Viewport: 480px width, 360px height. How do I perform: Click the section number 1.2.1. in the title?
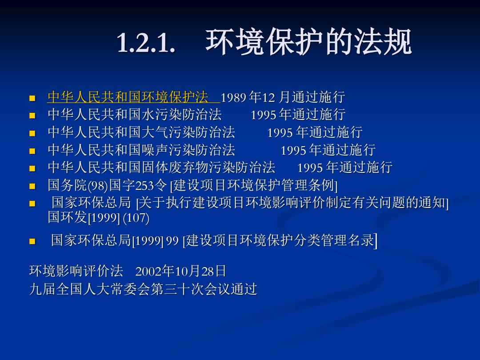click(146, 42)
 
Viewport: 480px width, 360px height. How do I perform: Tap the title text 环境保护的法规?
click(308, 42)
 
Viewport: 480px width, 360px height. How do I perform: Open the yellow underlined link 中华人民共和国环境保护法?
click(128, 97)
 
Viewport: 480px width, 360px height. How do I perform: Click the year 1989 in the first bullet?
click(234, 98)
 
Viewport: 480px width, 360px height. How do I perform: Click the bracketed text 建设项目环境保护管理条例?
click(253, 185)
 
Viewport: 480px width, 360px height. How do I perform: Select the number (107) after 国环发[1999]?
click(136, 218)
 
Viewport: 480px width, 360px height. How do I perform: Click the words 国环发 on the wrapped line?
click(68, 217)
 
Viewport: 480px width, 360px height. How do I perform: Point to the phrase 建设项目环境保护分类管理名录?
click(280, 240)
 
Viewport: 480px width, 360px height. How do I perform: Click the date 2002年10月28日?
click(180, 271)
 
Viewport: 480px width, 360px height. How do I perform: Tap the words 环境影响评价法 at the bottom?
click(76, 271)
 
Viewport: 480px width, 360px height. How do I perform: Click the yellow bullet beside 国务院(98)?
click(32, 186)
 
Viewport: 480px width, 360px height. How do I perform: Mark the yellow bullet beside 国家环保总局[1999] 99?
click(32, 241)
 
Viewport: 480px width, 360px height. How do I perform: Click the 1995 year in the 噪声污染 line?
click(294, 151)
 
